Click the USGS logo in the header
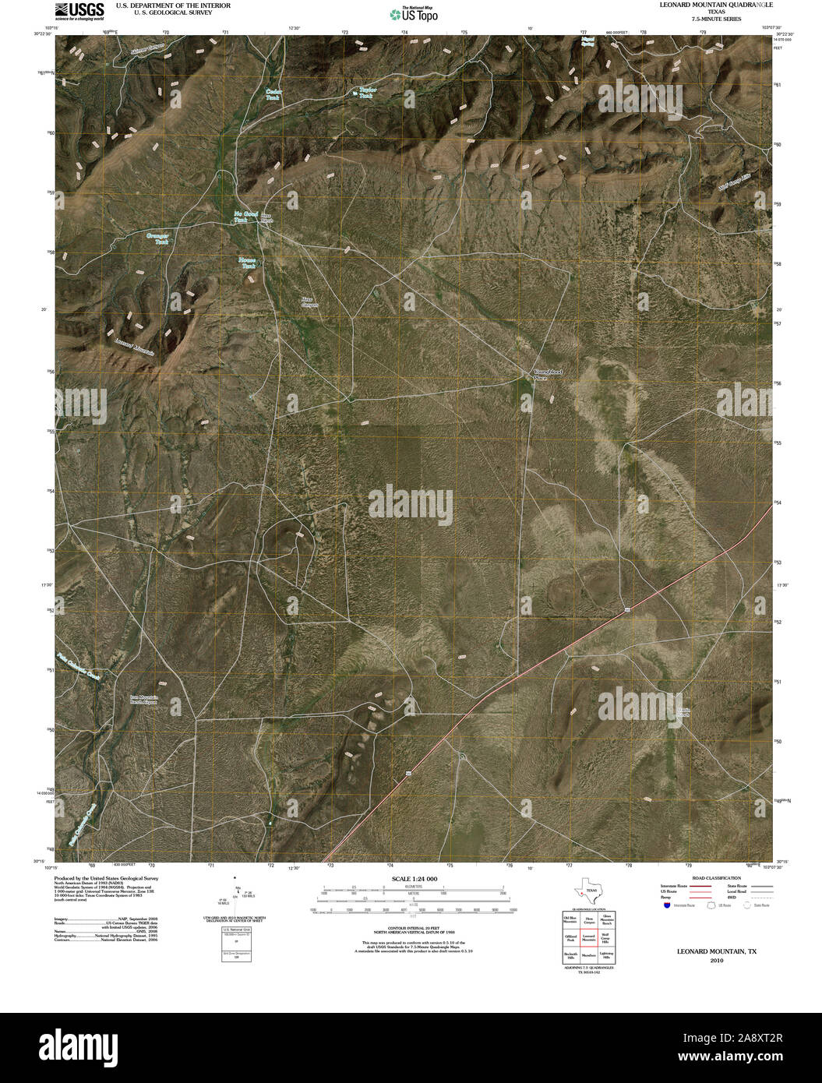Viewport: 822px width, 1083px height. pyautogui.click(x=79, y=9)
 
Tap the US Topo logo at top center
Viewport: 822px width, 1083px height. pyautogui.click(x=413, y=13)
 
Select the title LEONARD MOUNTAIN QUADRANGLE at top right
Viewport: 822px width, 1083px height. pyautogui.click(x=716, y=5)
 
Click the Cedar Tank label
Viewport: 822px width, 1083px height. pyautogui.click(x=273, y=94)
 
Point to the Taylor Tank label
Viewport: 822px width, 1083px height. pyautogui.click(x=367, y=92)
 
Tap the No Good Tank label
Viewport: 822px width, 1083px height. pyautogui.click(x=246, y=217)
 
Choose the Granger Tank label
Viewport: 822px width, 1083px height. pyautogui.click(x=159, y=238)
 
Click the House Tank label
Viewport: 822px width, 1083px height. pyautogui.click(x=248, y=263)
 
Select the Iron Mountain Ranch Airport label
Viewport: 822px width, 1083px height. pyautogui.click(x=144, y=699)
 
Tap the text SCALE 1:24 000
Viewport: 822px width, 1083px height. pyautogui.click(x=415, y=879)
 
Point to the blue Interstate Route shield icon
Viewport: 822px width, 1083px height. pyautogui.click(x=667, y=905)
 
